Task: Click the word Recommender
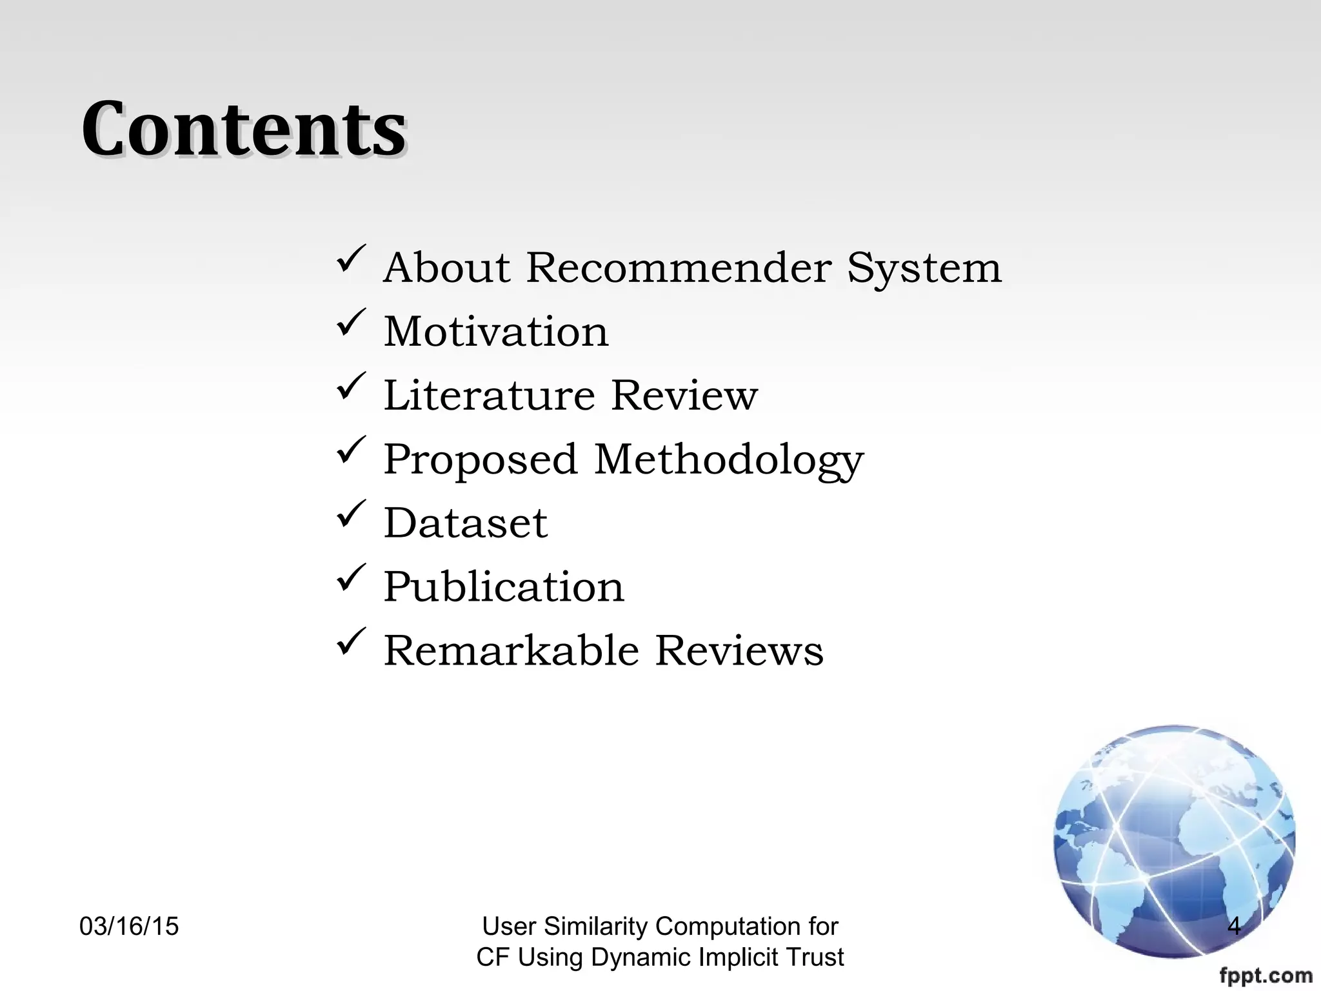point(679,267)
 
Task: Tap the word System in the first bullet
point(924,267)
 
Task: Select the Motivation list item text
point(496,332)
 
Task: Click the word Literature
point(489,395)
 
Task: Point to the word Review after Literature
point(684,395)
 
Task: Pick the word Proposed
point(481,459)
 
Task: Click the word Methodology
point(728,461)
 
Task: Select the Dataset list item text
point(465,523)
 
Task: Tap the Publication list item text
point(504,587)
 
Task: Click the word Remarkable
point(512,650)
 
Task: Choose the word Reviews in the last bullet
point(739,650)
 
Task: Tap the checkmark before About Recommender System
point(351,258)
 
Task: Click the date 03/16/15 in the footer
point(129,926)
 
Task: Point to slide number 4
point(1234,926)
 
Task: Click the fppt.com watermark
point(1266,976)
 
